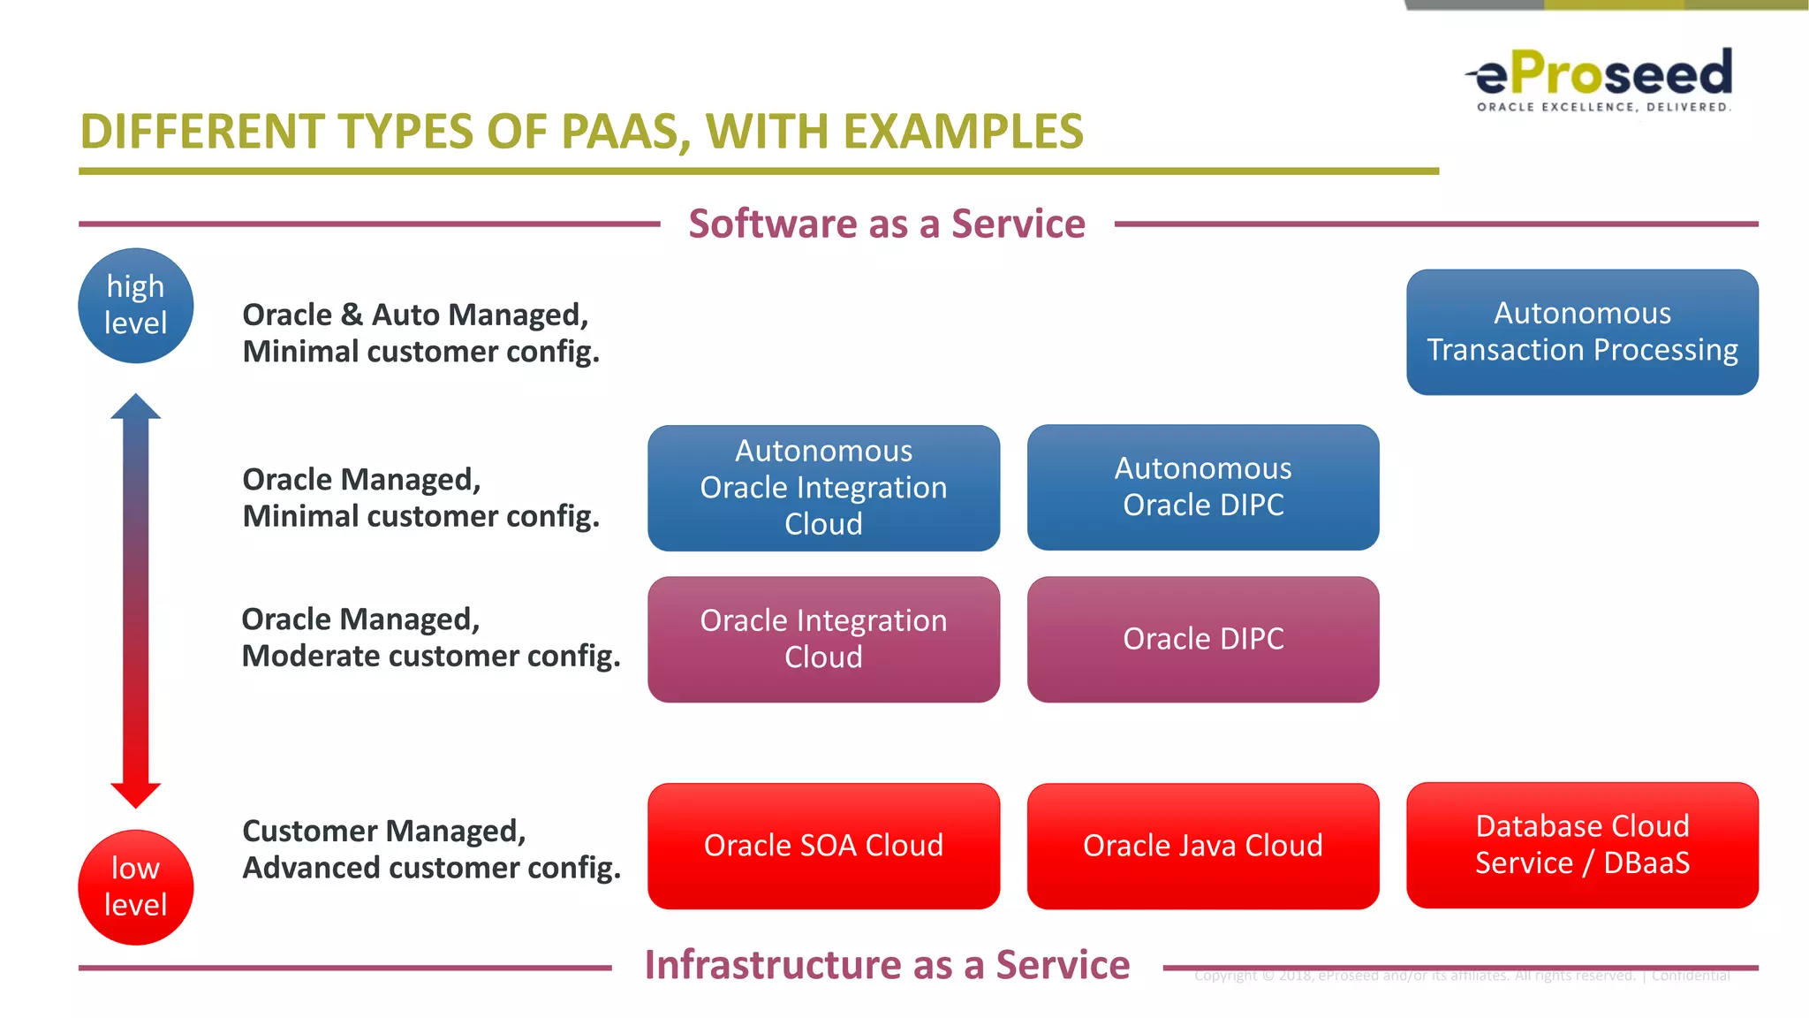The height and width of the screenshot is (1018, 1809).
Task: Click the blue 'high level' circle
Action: click(x=135, y=305)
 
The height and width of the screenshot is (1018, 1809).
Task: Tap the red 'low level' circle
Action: click(x=135, y=886)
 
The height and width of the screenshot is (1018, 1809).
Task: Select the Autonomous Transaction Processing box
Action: click(x=1581, y=331)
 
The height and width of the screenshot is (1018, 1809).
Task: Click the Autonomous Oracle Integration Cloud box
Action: click(x=823, y=488)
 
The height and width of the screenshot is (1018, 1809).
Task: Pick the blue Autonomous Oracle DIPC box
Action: click(x=1202, y=487)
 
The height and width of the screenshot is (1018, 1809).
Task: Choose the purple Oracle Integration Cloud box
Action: click(x=823, y=639)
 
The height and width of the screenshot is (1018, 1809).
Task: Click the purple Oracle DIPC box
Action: click(x=1202, y=639)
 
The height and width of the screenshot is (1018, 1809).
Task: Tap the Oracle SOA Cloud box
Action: click(x=823, y=846)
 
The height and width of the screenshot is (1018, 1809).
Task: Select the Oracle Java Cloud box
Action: click(x=1202, y=846)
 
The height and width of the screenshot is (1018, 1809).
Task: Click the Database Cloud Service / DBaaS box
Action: click(x=1581, y=845)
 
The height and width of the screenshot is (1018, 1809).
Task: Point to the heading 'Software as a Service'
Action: click(x=886, y=224)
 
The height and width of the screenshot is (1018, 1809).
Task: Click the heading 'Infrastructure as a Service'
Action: click(x=886, y=965)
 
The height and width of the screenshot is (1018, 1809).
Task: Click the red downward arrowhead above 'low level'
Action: click(x=135, y=794)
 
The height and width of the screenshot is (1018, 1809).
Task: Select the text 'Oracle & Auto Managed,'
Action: click(x=415, y=315)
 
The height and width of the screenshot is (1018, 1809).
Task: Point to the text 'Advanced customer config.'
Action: click(x=431, y=868)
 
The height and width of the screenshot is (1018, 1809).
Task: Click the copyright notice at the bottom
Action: click(x=1461, y=976)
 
